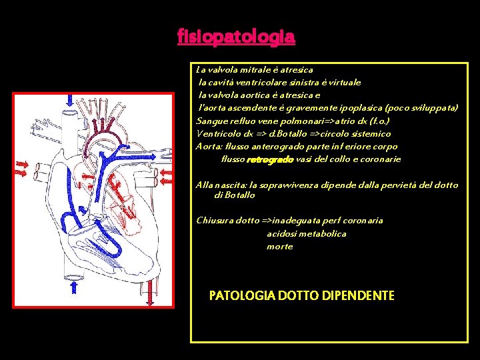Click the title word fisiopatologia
(x=236, y=36)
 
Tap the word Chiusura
(x=215, y=221)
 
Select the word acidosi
(x=283, y=234)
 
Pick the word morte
(x=279, y=247)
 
